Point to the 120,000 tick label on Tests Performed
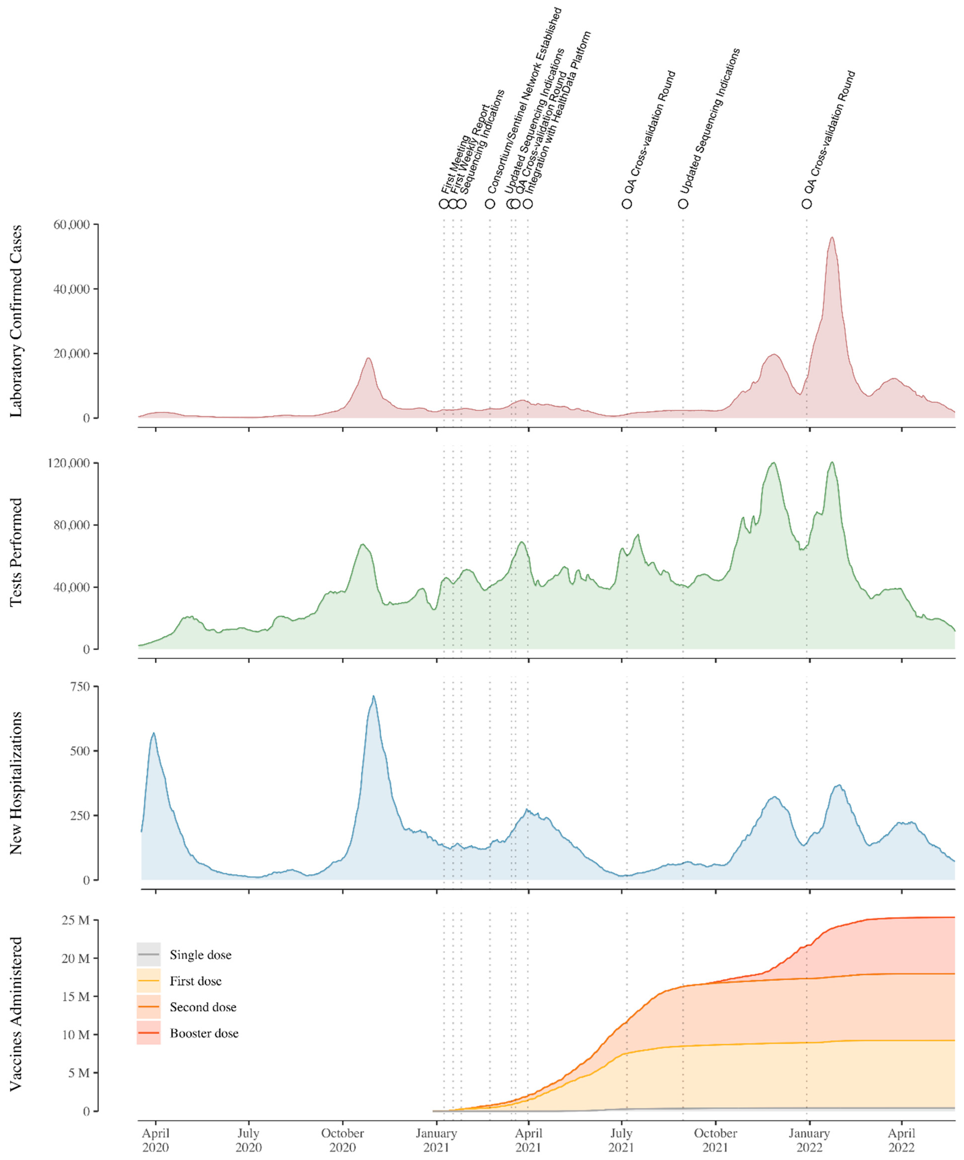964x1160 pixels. click(x=68, y=463)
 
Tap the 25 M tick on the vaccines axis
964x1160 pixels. click(x=76, y=920)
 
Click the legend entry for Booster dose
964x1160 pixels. click(x=204, y=1033)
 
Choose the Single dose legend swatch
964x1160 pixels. click(x=149, y=955)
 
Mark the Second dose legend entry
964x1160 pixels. click(x=203, y=1007)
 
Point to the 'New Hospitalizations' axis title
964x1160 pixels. click(x=16, y=783)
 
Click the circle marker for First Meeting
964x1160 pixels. click(x=444, y=204)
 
